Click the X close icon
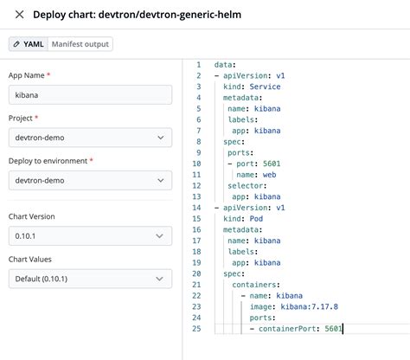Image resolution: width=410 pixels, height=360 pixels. coord(19,15)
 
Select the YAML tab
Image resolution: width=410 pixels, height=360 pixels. coord(29,44)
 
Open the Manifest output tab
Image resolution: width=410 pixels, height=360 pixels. coord(80,44)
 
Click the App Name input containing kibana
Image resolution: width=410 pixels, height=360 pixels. coord(90,95)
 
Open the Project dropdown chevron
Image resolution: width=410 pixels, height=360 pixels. coord(161,138)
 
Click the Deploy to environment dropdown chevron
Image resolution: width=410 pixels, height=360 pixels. coord(161,180)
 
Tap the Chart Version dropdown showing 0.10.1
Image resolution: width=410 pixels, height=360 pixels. coord(90,236)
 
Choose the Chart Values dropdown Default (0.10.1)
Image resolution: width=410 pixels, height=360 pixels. coord(90,279)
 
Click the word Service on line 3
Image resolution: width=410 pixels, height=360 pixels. coord(265,87)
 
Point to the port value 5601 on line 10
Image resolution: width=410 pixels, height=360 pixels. coord(272,164)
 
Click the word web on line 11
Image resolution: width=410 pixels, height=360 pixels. coord(269,175)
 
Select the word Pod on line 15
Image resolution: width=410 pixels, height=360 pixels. coord(256,219)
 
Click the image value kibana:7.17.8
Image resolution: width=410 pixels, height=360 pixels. coord(309,306)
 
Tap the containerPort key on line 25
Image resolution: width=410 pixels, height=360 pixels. coord(288,329)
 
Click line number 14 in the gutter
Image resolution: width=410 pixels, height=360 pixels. coord(196,208)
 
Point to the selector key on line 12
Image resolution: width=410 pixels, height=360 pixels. coord(245,186)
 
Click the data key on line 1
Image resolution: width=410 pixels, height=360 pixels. coord(223,65)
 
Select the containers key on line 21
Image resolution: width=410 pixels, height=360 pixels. coord(254,285)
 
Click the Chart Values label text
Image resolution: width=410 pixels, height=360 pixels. coord(30,260)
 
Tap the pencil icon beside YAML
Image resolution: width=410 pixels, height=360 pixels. coord(16,44)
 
